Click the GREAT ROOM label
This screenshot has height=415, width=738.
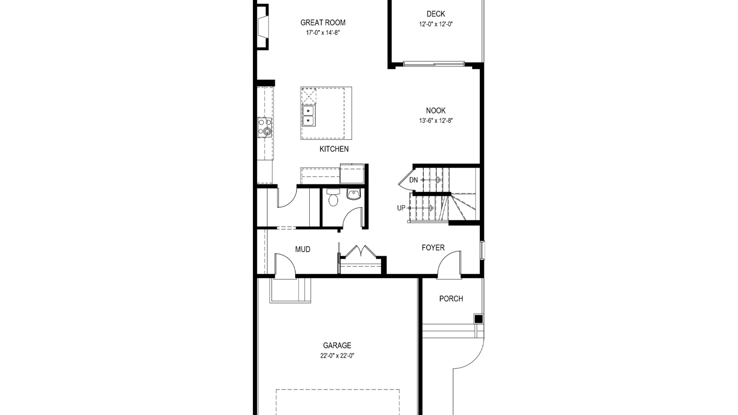pyautogui.click(x=323, y=22)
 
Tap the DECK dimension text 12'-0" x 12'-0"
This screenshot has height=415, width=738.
pyautogui.click(x=436, y=24)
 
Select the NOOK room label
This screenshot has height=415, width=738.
pyautogui.click(x=436, y=110)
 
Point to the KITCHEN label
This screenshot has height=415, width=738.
pyautogui.click(x=334, y=149)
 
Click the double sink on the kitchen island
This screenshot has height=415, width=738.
pyautogui.click(x=308, y=116)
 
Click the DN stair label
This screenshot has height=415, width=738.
pyautogui.click(x=413, y=180)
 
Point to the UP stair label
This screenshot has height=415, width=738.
pyautogui.click(x=401, y=208)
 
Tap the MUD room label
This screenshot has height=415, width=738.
pyautogui.click(x=303, y=249)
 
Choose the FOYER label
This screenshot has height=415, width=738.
pyautogui.click(x=433, y=248)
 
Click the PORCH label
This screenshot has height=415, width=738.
pyautogui.click(x=451, y=299)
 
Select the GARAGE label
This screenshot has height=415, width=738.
pyautogui.click(x=337, y=345)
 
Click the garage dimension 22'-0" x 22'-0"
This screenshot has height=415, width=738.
pyautogui.click(x=337, y=356)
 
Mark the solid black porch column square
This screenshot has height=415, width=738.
pyautogui.click(x=479, y=319)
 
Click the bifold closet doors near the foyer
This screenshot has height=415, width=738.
pyautogui.click(x=361, y=250)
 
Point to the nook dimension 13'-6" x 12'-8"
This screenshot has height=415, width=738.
pyautogui.click(x=436, y=121)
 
